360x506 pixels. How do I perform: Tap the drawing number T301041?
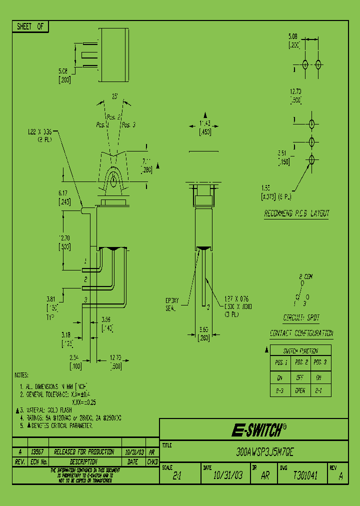tap(305, 476)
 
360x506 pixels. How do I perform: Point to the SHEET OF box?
tap(30, 27)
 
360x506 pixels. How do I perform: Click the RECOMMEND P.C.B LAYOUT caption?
tap(296, 213)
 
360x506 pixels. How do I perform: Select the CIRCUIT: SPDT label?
tap(301, 317)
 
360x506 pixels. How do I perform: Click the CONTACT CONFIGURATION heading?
tap(301, 333)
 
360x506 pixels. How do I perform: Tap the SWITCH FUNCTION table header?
tap(300, 350)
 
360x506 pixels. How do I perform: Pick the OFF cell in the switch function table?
tap(300, 376)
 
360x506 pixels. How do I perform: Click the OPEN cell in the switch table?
tap(300, 390)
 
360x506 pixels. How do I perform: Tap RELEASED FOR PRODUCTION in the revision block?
tap(83, 451)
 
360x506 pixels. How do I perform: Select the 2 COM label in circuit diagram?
tap(305, 276)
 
